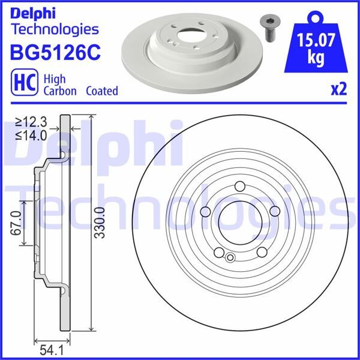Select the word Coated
pos(101,91)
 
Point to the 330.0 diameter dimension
pos(100,223)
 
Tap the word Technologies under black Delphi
pos(55,29)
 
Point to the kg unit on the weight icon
pos(316,58)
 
